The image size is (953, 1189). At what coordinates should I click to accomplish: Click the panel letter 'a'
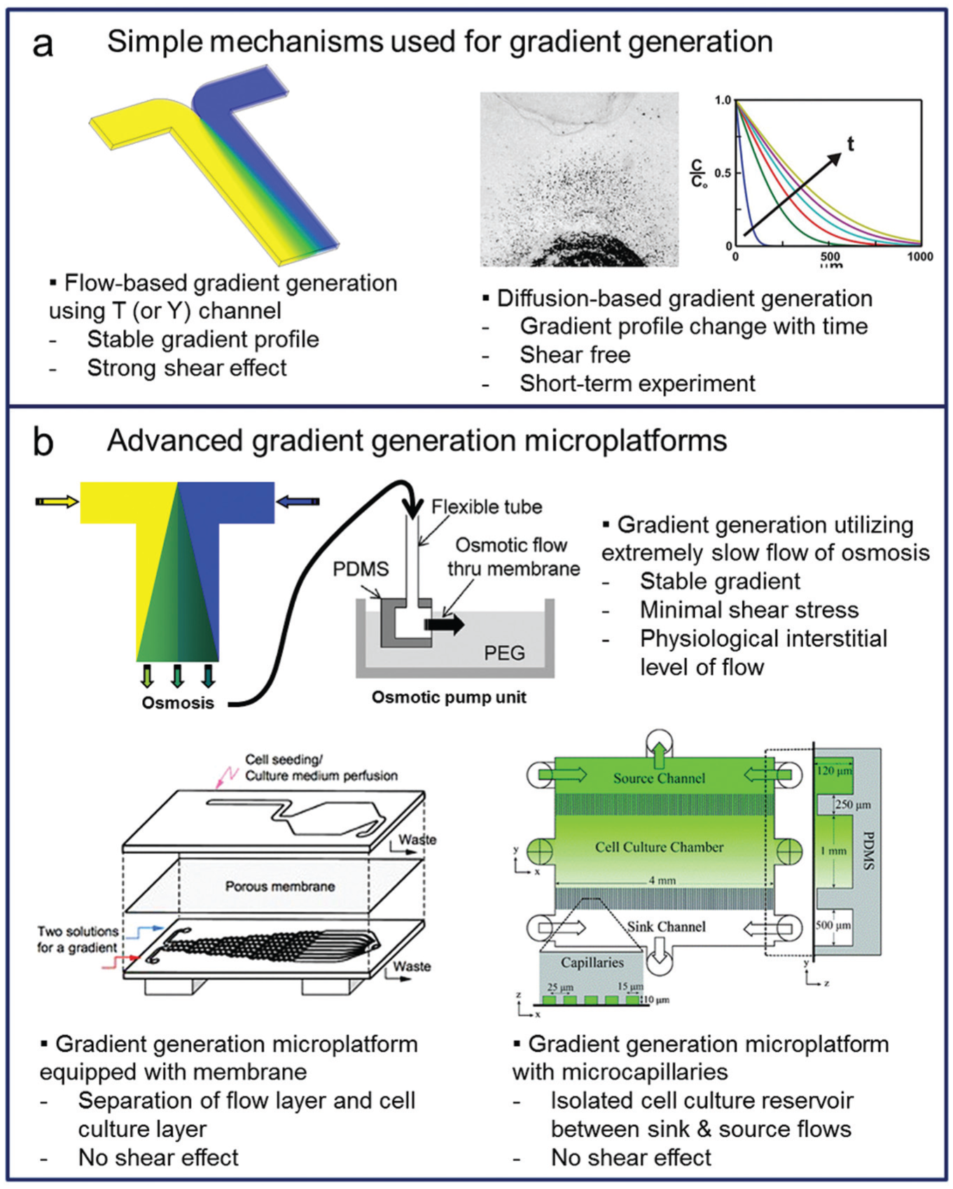[43, 45]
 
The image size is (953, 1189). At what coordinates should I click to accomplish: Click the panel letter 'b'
[43, 442]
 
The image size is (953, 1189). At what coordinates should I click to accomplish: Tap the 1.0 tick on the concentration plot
[723, 101]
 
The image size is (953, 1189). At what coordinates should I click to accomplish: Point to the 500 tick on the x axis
[830, 257]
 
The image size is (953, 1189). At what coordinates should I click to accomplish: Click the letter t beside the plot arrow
[851, 144]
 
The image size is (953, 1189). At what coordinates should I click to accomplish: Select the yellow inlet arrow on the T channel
[57, 501]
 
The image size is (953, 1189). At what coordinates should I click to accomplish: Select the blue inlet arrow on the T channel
[298, 501]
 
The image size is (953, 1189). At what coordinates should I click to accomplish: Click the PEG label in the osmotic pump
[504, 653]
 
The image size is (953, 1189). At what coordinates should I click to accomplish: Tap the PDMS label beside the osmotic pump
[361, 569]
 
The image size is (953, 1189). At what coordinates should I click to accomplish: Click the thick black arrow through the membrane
[444, 624]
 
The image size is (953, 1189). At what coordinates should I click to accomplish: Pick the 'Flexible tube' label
[487, 507]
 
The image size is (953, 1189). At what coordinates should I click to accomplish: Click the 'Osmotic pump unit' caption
[449, 697]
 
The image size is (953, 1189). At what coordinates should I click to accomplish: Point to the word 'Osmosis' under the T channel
[178, 703]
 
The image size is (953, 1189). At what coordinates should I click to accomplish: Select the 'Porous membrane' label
[280, 886]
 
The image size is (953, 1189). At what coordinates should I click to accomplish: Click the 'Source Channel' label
[659, 778]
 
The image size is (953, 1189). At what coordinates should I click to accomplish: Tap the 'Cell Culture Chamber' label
[659, 847]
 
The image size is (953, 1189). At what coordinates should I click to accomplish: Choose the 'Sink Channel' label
[666, 927]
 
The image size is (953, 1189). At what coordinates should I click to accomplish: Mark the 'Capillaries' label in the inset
[592, 962]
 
